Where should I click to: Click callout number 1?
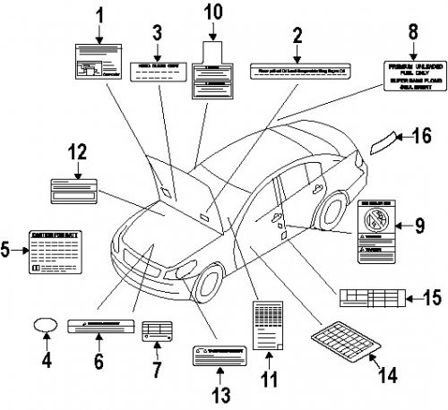point(99,15)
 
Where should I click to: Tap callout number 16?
point(423,136)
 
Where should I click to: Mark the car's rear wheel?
point(333,209)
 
